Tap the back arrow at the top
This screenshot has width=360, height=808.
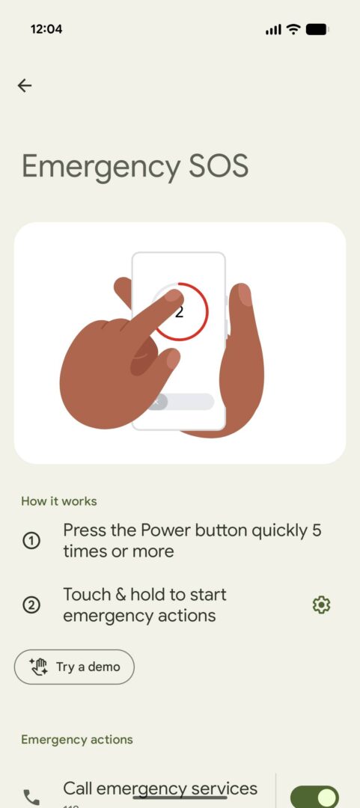[25, 85]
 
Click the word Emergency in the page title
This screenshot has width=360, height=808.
[101, 167]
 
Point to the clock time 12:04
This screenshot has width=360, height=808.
[46, 29]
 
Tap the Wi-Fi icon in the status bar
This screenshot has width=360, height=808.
[293, 29]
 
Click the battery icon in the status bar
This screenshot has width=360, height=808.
[317, 29]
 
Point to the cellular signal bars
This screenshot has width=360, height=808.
[273, 30]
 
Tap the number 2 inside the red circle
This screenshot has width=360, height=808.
[180, 311]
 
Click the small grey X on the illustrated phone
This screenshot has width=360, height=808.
[156, 402]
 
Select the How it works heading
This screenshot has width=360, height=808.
[58, 501]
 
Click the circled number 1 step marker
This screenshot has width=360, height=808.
[31, 540]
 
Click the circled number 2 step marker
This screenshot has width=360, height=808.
[31, 605]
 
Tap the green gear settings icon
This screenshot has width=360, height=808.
[321, 605]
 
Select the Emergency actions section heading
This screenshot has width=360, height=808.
[76, 739]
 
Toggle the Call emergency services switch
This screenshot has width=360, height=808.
[314, 797]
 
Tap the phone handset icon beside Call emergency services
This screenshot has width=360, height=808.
[31, 797]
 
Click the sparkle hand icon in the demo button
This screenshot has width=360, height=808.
[39, 667]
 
